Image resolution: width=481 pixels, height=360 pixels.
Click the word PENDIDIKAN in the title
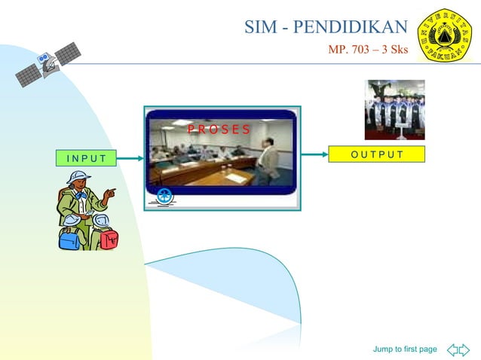coord(350,28)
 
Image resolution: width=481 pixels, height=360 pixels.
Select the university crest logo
coord(444,35)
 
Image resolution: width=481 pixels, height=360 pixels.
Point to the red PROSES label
coord(219,129)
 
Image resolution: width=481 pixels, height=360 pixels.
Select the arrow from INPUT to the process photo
coord(130,158)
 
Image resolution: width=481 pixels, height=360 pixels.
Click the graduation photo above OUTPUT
coord(394,110)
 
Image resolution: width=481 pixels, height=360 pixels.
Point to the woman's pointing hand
coord(111,194)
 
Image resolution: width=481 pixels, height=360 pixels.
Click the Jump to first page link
coord(405,349)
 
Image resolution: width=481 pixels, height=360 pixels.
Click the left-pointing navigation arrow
coord(453,349)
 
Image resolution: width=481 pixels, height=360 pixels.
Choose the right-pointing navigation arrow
coord(464,349)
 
